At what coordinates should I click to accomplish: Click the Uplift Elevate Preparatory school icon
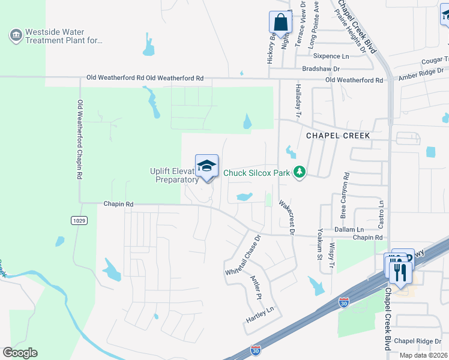pyautogui.click(x=206, y=166)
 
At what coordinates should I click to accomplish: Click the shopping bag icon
pyautogui.click(x=280, y=23)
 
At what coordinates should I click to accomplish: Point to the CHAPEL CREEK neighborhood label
pyautogui.click(x=338, y=136)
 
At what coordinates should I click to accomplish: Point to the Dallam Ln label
pyautogui.click(x=352, y=230)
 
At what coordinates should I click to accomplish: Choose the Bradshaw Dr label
pyautogui.click(x=321, y=69)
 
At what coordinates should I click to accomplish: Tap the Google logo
pyautogui.click(x=20, y=353)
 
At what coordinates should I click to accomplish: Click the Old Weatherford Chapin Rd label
pyautogui.click(x=80, y=140)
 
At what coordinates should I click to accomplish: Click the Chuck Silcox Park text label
pyautogui.click(x=257, y=173)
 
